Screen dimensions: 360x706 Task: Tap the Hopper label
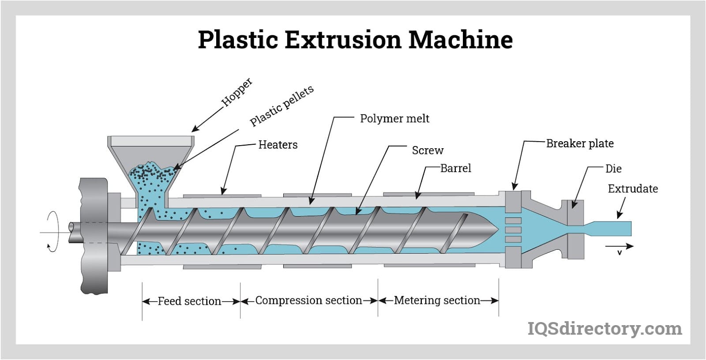(237, 92)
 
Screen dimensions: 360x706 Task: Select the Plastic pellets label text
(282, 106)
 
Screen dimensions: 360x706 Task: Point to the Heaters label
(278, 145)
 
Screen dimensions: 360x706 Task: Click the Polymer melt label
(394, 119)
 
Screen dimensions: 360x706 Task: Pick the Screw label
(428, 150)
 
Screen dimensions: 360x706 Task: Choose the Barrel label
(456, 168)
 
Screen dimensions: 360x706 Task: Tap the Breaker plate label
(580, 143)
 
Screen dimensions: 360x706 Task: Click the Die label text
(613, 169)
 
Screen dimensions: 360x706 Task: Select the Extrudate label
(633, 189)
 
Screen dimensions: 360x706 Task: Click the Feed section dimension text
(189, 301)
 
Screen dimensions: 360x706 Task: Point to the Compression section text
(308, 300)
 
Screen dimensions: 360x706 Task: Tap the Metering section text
(437, 300)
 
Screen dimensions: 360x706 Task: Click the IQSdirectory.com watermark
(605, 329)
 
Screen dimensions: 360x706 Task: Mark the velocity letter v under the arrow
(620, 253)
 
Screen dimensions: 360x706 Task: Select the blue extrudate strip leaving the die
(613, 229)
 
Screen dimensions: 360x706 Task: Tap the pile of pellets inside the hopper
(152, 174)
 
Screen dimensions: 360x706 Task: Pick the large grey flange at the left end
(94, 236)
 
